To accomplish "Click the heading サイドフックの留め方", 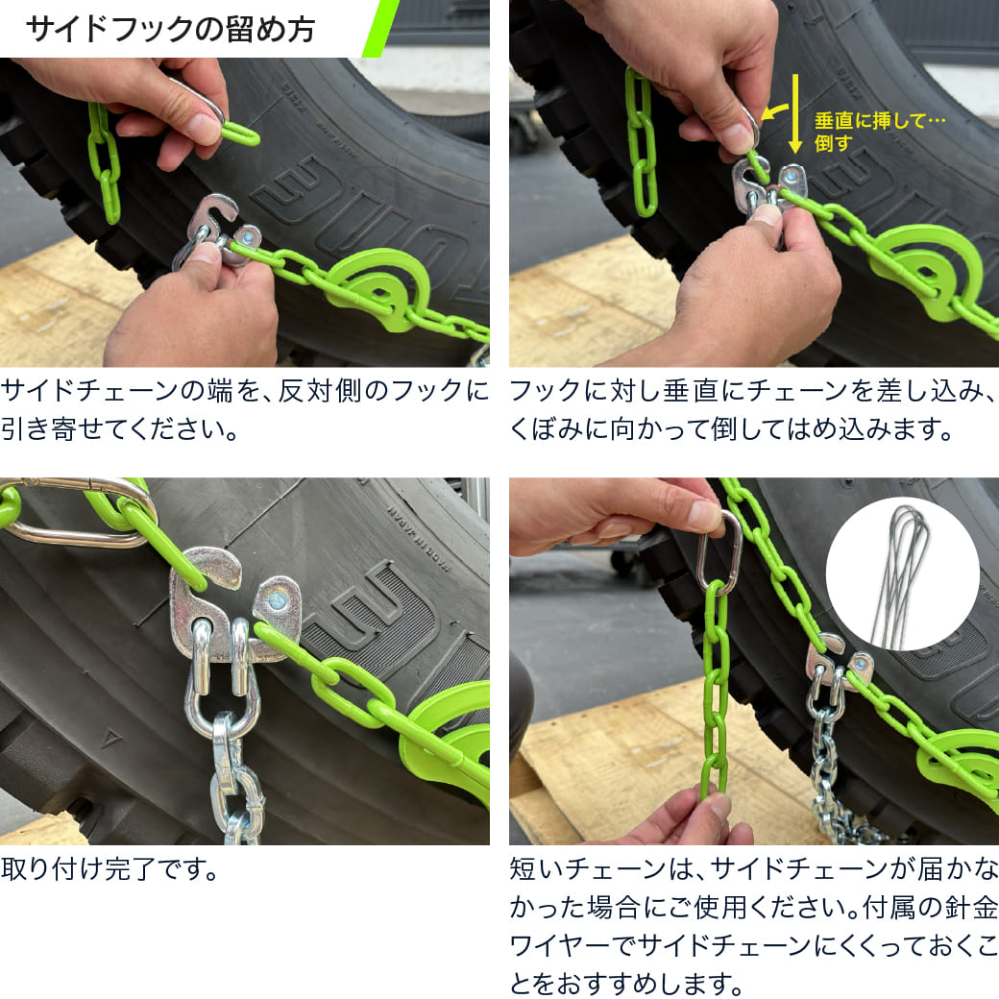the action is click(171, 30).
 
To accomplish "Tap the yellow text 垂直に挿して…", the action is click(880, 120).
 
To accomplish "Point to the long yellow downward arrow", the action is click(795, 113).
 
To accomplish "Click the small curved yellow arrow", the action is click(775, 112).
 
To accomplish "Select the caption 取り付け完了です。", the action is click(110, 868).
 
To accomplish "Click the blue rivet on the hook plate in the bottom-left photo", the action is click(277, 599).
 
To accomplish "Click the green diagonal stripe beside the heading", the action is click(380, 28).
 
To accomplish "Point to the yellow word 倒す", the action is click(834, 143).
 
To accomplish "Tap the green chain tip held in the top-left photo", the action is click(240, 134).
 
